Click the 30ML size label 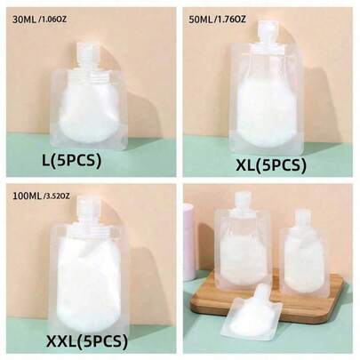[x=24, y=20]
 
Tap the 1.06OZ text [x=53, y=20]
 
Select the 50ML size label [x=201, y=20]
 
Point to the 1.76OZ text [x=231, y=20]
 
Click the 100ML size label [x=28, y=196]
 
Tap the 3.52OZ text [x=57, y=196]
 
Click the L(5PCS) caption [x=72, y=160]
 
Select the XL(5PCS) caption [x=271, y=165]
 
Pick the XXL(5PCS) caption [x=87, y=341]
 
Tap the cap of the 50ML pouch [x=267, y=33]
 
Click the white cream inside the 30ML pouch [x=89, y=113]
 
